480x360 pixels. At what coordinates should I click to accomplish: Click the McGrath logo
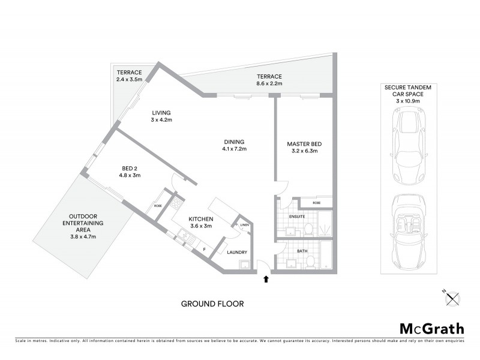click(432, 328)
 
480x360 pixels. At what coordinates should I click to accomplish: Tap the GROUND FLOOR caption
click(212, 304)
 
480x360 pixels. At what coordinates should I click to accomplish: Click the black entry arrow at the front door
click(266, 278)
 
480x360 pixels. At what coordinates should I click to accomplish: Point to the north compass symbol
click(451, 296)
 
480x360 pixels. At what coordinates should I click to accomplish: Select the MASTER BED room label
click(304, 143)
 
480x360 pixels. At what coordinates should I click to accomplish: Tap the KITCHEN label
click(201, 219)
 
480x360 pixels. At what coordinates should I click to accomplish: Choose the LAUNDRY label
click(238, 253)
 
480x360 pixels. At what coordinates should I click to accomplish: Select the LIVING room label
click(161, 112)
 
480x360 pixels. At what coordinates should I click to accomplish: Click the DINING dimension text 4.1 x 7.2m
click(235, 149)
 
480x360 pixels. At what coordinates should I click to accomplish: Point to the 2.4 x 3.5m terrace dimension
click(129, 79)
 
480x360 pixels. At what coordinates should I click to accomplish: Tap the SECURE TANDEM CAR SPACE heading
click(409, 94)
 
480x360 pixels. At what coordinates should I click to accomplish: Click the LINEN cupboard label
click(244, 225)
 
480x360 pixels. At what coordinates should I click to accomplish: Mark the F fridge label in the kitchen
click(204, 248)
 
